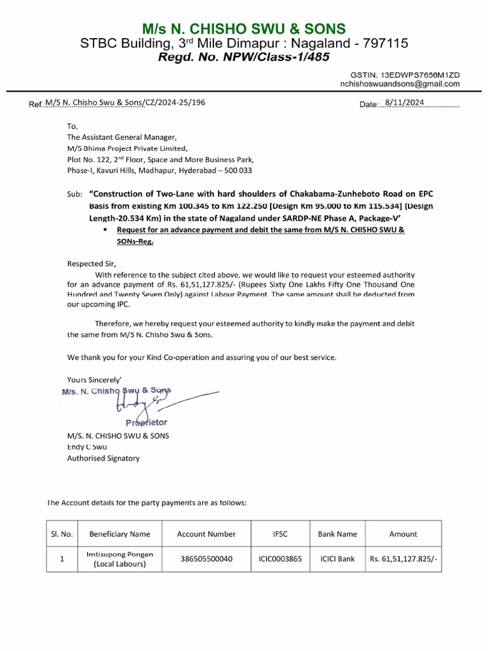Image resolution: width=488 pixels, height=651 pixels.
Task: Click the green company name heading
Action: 244,29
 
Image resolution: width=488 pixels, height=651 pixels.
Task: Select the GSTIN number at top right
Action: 415,75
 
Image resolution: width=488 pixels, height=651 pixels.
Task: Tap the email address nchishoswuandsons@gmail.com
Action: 400,84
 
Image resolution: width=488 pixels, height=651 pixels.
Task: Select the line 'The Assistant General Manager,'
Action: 123,137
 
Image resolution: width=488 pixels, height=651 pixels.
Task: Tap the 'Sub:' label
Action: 75,194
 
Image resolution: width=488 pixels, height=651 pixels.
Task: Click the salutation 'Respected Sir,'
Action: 92,263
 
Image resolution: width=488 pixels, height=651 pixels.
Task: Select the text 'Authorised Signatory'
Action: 104,458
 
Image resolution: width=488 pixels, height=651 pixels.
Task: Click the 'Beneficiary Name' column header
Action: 119,534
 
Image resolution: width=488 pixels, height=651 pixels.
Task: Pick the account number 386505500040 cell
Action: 206,559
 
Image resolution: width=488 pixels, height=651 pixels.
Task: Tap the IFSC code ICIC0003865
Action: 280,559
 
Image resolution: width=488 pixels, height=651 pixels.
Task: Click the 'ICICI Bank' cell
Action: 337,559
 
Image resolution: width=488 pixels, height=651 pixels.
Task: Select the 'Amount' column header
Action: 403,534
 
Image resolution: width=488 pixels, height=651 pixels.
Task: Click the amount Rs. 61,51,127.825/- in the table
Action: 403,559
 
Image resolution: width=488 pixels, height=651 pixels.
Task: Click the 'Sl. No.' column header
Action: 62,534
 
